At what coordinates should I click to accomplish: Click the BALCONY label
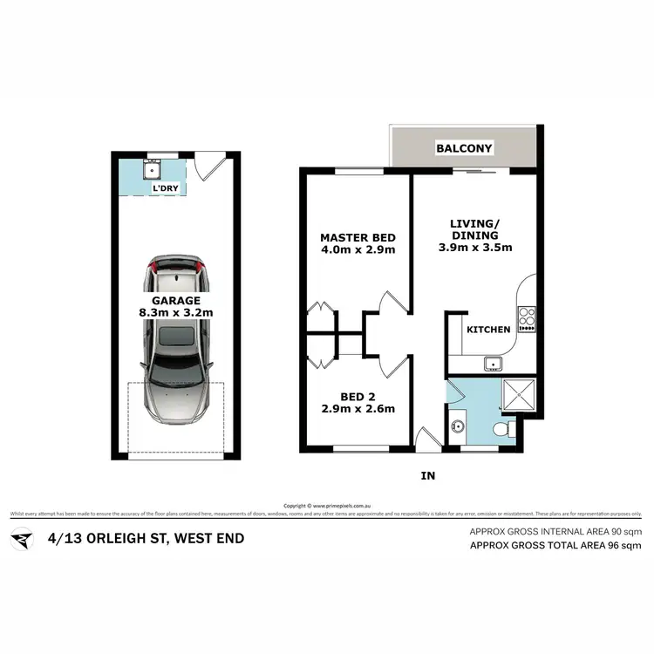(x=465, y=148)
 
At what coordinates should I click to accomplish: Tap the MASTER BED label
(x=358, y=237)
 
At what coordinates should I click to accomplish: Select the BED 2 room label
(x=358, y=398)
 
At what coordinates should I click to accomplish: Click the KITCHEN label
(x=488, y=330)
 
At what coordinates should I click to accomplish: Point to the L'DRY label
(x=167, y=188)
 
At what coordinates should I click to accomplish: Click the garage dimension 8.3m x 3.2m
(x=177, y=311)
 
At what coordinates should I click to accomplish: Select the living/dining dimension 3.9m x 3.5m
(x=474, y=248)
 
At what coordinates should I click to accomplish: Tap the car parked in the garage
(x=177, y=340)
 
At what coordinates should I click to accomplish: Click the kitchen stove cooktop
(x=527, y=318)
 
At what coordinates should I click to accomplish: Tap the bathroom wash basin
(x=460, y=427)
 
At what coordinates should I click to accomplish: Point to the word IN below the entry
(x=428, y=476)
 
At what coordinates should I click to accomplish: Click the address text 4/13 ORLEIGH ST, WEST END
(x=146, y=538)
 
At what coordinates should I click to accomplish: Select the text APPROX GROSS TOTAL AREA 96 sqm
(x=555, y=546)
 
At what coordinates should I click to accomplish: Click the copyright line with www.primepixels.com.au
(x=328, y=505)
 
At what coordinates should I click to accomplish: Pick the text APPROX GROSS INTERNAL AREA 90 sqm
(x=555, y=531)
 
